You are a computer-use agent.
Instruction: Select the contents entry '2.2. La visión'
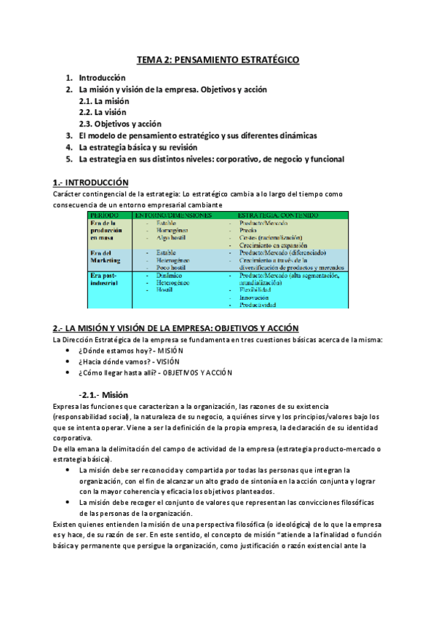[x=102, y=112]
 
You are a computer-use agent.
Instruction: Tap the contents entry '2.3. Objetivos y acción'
[x=120, y=124]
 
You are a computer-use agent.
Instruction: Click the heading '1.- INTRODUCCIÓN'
[x=90, y=182]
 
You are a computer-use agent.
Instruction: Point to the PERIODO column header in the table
[x=105, y=215]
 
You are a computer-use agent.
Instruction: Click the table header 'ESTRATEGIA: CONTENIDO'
[x=277, y=215]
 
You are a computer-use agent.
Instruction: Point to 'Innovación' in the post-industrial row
[x=253, y=307]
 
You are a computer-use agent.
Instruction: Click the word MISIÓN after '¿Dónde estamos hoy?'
[x=166, y=350]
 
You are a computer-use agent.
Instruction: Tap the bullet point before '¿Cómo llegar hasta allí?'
[x=68, y=373]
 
